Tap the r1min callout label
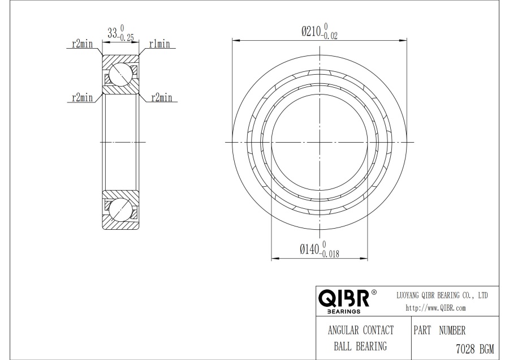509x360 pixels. coord(159,44)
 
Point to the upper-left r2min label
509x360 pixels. coord(82,44)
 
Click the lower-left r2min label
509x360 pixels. coord(82,97)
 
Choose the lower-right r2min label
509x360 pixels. coord(161,97)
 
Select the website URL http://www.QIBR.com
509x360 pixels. coord(435,308)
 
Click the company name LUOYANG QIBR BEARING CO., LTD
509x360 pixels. coord(442,295)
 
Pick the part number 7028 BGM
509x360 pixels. coord(475,349)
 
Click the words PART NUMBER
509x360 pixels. coord(439,331)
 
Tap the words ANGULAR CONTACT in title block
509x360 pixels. coord(361,330)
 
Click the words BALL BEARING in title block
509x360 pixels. coord(360,346)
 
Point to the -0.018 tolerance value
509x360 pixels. coord(330,254)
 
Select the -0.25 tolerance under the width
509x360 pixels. coord(126,37)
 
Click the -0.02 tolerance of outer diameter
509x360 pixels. coord(330,36)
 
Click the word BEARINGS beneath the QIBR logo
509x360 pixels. coord(344,311)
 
